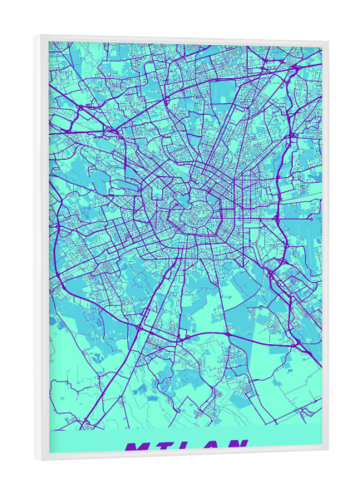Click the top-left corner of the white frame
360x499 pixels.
(38, 35)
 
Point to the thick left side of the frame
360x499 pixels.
(42, 249)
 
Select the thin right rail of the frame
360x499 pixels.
(325, 249)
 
